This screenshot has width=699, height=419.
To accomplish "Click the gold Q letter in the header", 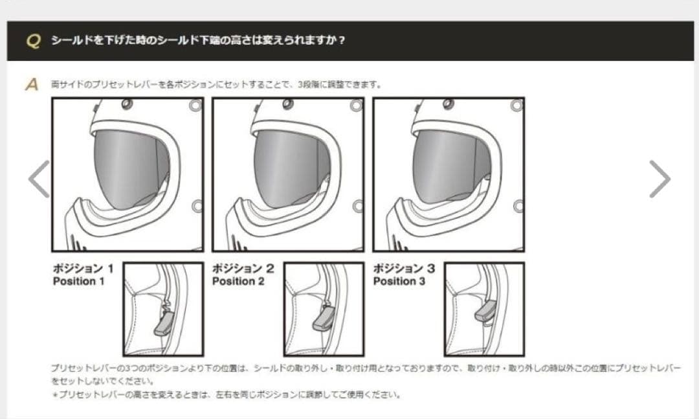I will point(33,41).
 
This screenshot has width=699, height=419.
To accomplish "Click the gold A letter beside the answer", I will point(32,85).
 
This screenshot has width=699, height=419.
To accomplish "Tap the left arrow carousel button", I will point(39,179).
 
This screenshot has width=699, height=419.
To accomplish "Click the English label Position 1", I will point(78,282).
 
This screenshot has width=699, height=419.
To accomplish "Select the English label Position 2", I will point(238,282).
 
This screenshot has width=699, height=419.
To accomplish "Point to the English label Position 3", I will point(399,282).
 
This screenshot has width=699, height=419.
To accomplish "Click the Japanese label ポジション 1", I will point(83,268).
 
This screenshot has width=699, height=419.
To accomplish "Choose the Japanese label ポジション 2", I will point(243,268).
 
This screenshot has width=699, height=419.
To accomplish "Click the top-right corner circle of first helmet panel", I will point(195,106).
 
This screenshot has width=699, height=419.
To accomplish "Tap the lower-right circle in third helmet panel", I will point(517,206).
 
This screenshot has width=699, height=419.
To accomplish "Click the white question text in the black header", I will point(198,41).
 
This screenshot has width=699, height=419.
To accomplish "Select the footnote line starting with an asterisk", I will point(227,394).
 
